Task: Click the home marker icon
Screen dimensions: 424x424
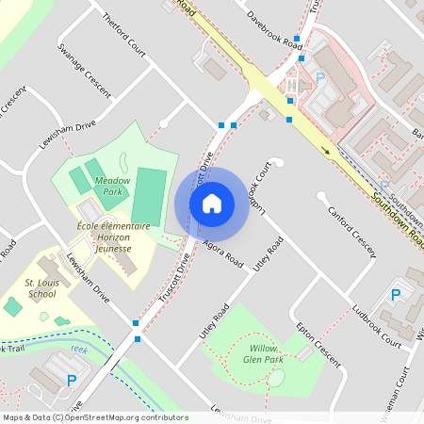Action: click(212, 203)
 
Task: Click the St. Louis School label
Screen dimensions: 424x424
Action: click(41, 287)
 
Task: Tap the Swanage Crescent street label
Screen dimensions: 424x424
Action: click(84, 71)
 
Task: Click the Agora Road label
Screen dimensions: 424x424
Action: click(222, 251)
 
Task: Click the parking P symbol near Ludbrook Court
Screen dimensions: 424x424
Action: click(395, 296)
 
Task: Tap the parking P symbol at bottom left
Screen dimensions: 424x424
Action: click(71, 381)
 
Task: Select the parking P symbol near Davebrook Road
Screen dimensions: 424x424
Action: click(318, 78)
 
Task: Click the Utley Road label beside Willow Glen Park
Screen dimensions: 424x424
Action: click(214, 321)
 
